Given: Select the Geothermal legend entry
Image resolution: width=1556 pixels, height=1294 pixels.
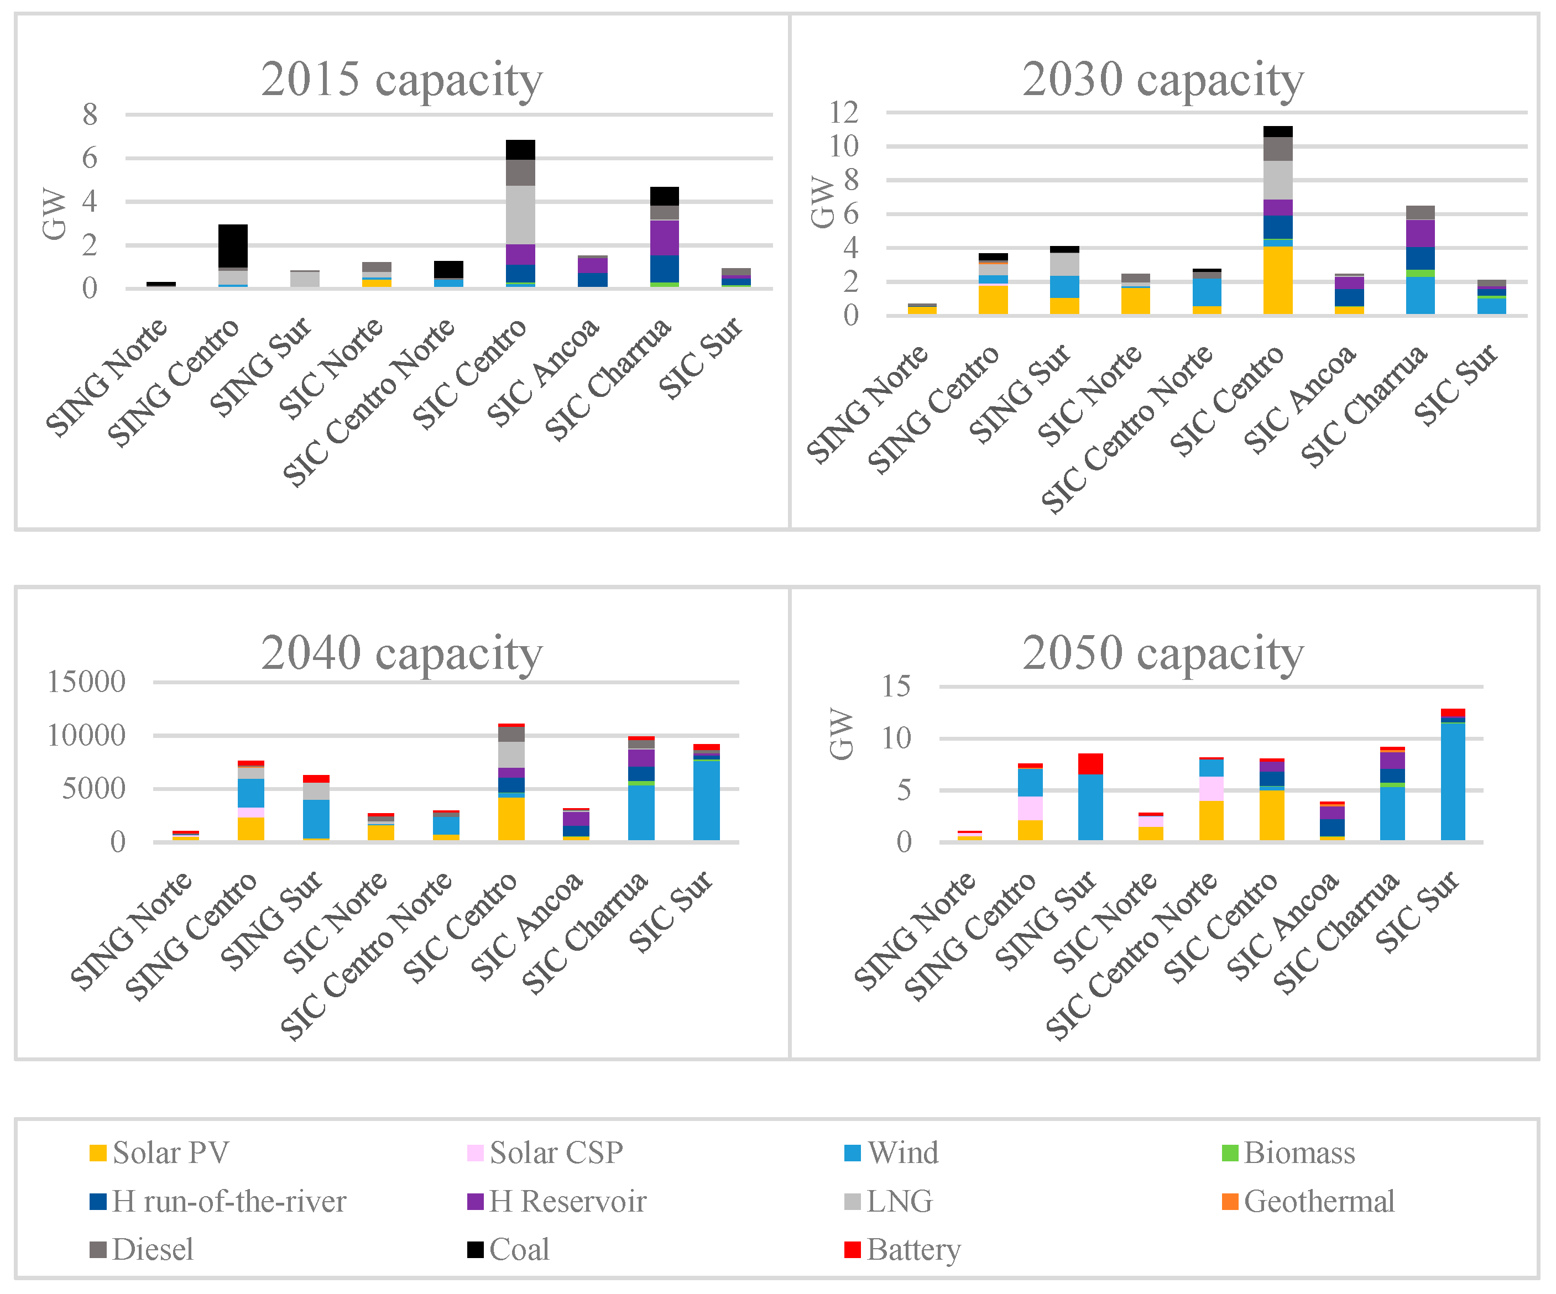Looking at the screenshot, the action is pyautogui.click(x=1308, y=1201).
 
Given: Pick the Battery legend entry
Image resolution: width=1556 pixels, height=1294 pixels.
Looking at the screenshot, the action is pyautogui.click(x=902, y=1250).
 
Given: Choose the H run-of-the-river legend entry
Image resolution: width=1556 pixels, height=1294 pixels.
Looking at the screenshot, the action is pyautogui.click(x=218, y=1201).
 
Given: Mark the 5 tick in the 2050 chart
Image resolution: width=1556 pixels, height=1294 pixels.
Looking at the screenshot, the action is pyautogui.click(x=903, y=790).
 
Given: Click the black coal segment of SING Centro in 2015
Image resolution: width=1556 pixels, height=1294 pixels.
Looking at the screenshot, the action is pyautogui.click(x=233, y=246).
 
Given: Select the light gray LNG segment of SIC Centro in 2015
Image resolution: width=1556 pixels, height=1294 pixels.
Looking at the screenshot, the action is pyautogui.click(x=521, y=215).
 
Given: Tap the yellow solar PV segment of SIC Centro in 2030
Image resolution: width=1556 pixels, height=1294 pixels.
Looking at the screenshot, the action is pyautogui.click(x=1278, y=281).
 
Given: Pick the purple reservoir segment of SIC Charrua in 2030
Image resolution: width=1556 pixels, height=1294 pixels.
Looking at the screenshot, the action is pyautogui.click(x=1421, y=233).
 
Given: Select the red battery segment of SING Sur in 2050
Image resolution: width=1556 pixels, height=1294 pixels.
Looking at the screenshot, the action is pyautogui.click(x=1090, y=764).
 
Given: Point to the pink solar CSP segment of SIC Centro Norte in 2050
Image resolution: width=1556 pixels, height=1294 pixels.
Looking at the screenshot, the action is pyautogui.click(x=1212, y=789).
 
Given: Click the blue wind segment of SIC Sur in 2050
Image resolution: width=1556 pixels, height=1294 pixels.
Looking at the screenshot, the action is pyautogui.click(x=1453, y=782).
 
